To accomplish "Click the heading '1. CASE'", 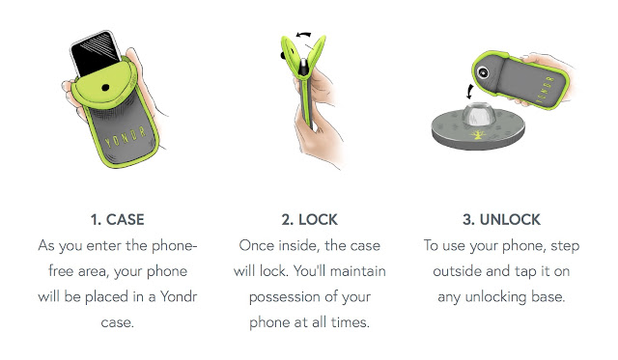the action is point(118,219).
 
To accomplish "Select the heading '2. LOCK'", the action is point(309,219).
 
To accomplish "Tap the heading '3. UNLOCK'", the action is point(501,219).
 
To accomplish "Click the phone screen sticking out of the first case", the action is point(96,54).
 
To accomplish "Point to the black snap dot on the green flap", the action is point(105,88).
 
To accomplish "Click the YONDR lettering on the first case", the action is point(126,137).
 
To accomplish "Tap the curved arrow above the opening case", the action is point(303,35).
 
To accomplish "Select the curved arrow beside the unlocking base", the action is point(469,92).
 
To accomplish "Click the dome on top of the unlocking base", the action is point(478,114).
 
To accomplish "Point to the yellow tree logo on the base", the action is point(478,135).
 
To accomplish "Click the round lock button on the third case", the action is point(483,72).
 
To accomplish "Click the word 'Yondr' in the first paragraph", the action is point(179,296).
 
